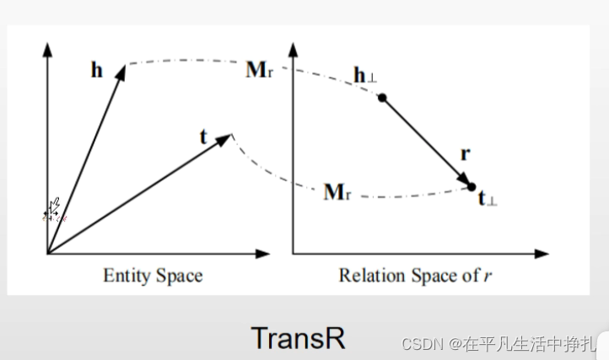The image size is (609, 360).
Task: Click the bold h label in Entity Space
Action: coord(98,69)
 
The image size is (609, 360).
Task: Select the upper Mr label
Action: coord(258,69)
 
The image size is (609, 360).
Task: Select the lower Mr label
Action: coord(337,192)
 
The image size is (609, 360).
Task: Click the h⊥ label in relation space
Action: coord(365,77)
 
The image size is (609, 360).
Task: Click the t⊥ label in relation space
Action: coord(487,199)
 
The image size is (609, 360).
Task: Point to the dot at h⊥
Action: coord(382,99)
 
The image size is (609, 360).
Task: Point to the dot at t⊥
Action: coord(472,186)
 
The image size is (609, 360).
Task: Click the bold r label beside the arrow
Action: coord(466,154)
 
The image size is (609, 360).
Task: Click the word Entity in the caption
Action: coord(123,275)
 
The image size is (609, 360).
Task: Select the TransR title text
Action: coord(298,336)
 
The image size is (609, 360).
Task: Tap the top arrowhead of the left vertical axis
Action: coord(48,44)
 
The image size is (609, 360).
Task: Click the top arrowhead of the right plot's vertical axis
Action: coord(293,43)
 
